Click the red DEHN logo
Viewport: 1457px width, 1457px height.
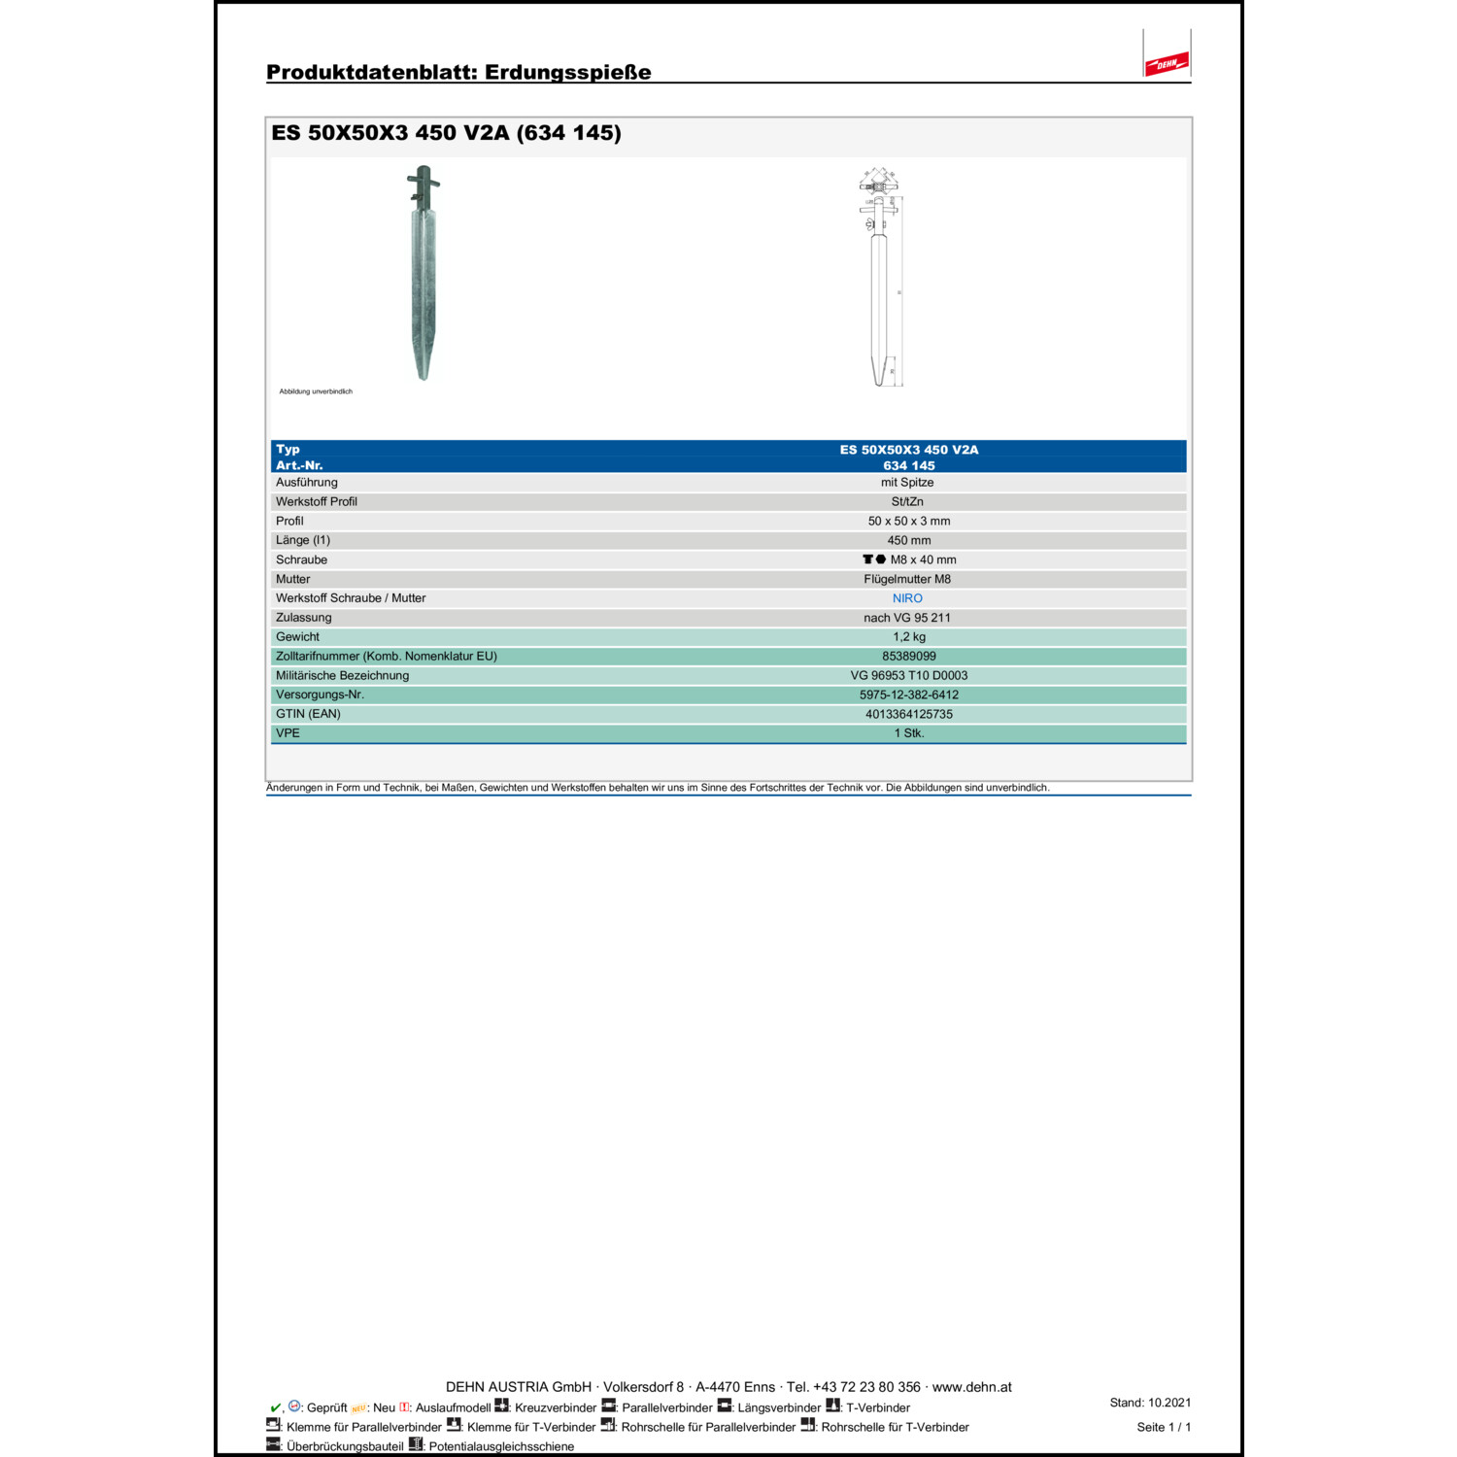pos(1166,64)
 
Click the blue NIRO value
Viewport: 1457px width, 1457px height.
pos(907,598)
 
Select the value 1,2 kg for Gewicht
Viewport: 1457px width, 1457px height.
pos(909,637)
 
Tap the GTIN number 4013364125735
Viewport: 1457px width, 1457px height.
pos(909,714)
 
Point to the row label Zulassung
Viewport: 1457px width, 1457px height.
pos(303,618)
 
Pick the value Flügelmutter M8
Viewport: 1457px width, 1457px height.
pos(907,579)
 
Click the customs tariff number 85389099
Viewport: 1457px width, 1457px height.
pos(909,657)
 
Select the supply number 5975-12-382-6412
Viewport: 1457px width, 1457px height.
pos(909,695)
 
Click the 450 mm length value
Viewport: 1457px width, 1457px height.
pos(909,540)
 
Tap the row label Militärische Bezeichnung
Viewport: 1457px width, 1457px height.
pos(342,675)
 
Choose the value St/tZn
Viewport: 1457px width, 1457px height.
pos(907,502)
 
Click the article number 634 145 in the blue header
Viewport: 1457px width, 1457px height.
pos(909,465)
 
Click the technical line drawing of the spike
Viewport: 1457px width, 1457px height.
pos(880,278)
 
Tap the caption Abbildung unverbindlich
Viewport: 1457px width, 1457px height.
pos(316,391)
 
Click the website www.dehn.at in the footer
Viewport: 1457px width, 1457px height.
pos(971,1387)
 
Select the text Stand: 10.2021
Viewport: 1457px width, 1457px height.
pos(1150,1403)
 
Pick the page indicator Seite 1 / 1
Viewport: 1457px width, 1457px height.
pos(1164,1427)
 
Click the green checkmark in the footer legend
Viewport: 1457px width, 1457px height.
pos(275,1407)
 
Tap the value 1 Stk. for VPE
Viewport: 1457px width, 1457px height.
pos(909,733)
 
